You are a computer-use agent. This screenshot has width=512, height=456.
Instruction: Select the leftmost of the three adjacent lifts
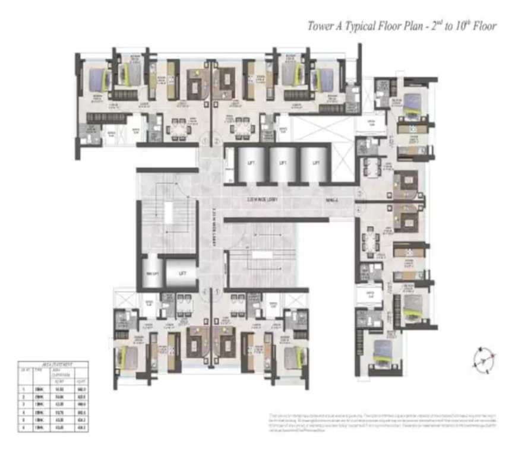251,163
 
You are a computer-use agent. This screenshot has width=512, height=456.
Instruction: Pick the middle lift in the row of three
283,163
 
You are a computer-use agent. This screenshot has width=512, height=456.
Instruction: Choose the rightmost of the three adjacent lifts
316,163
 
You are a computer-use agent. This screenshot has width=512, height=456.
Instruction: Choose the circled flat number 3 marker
359,193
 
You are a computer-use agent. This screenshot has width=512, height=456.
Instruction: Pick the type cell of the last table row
40,427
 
